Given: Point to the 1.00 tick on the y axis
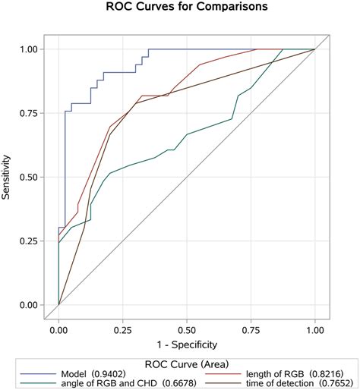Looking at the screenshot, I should (27, 49).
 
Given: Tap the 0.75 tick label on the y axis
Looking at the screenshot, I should (27, 113).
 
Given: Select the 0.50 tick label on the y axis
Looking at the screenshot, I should (27, 178).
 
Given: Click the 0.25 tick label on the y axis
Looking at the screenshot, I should (27, 241).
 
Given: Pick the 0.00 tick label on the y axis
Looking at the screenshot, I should (27, 306).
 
